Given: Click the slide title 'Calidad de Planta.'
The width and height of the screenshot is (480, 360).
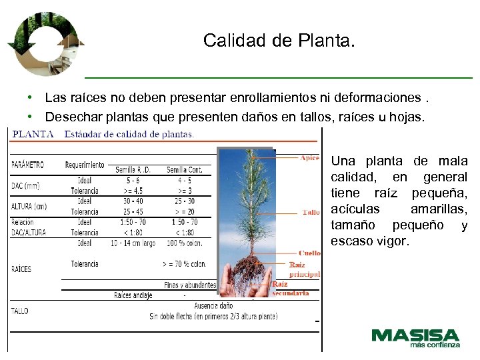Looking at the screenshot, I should (x=279, y=41).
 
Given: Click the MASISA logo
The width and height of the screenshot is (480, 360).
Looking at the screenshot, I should (x=415, y=337).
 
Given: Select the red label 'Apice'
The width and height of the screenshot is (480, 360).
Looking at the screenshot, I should (x=310, y=158).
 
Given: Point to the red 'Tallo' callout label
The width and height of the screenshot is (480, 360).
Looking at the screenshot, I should (x=311, y=212).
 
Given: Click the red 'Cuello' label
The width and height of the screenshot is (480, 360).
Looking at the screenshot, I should (x=310, y=253).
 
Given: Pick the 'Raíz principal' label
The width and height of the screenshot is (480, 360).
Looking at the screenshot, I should (x=305, y=269).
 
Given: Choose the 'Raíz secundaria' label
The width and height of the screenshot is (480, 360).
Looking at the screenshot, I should (x=291, y=288).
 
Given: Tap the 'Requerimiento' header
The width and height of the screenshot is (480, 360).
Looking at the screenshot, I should (x=85, y=165).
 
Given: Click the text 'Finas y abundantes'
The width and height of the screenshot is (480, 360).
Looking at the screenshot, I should (x=190, y=285).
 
